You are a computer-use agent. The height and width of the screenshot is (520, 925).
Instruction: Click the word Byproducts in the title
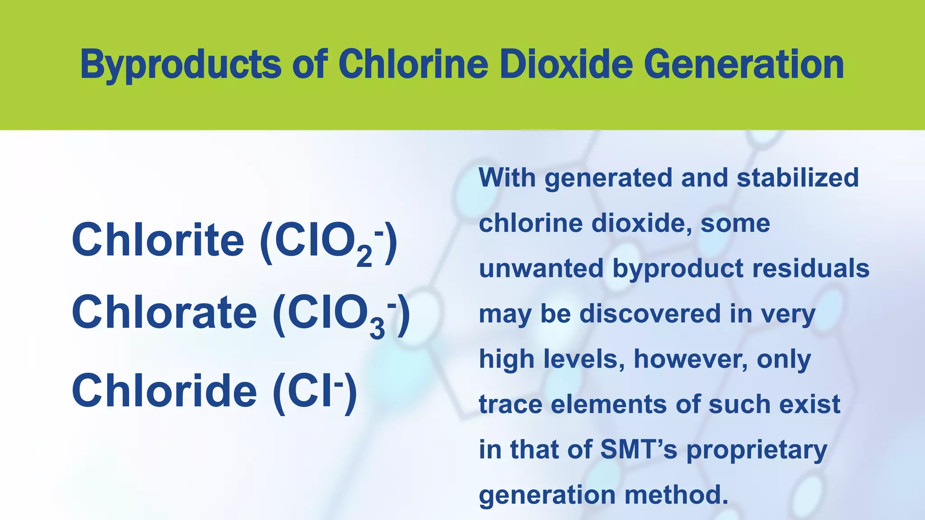click(x=181, y=65)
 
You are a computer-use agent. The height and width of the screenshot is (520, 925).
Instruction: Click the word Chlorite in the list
click(x=158, y=240)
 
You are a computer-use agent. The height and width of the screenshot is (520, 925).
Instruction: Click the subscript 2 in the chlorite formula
click(x=364, y=257)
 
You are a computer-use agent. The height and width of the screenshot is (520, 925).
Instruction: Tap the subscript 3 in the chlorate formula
click(x=377, y=330)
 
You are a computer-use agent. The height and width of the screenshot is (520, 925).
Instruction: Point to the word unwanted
click(x=541, y=268)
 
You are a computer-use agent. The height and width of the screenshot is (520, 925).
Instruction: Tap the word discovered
click(x=650, y=313)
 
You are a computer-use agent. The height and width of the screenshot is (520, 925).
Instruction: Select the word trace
click(x=510, y=404)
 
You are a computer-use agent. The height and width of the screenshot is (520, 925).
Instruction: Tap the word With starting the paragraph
click(x=507, y=177)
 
